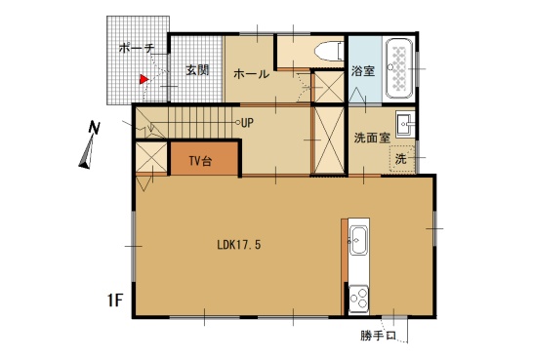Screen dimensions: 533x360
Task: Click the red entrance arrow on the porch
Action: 143,79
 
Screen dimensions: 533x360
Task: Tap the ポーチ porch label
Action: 137,48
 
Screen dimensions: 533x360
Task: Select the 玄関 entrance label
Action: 197,70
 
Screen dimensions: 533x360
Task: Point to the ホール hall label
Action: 251,74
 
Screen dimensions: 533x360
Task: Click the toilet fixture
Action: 329,52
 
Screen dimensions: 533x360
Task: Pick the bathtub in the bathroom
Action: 399,68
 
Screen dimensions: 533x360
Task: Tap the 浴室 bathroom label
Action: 363,71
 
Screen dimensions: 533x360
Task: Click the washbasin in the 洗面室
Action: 404,123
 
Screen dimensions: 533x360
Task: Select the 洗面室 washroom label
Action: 372,138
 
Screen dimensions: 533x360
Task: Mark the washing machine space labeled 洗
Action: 402,159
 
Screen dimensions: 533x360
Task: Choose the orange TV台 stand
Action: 204,159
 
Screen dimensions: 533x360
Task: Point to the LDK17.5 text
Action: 239,245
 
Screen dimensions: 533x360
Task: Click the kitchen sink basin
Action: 358,240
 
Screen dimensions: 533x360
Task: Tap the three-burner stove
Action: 358,298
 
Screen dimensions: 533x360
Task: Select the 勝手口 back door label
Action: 378,336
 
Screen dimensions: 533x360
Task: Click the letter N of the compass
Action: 94,128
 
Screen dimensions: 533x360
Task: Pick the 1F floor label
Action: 114,300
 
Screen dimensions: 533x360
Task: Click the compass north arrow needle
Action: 87,152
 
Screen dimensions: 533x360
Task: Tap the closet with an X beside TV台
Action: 151,157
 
